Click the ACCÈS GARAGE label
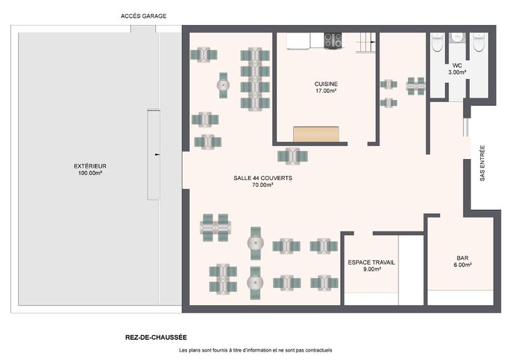tap(143, 16)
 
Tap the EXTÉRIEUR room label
tap(90, 166)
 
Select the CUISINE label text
tap(326, 84)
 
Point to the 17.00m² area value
tap(326, 91)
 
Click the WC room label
tap(457, 66)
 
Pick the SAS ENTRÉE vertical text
tap(482, 163)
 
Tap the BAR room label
tap(462, 258)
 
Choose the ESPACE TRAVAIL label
tap(371, 262)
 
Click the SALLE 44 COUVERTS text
tap(263, 178)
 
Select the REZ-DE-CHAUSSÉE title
tap(156, 338)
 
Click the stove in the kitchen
tap(333, 41)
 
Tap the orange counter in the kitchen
tap(316, 134)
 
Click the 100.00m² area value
tap(90, 173)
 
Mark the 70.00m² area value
tap(263, 186)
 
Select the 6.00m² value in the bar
tap(462, 265)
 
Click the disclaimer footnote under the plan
tap(256, 350)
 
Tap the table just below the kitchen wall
tap(292, 156)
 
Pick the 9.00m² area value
tap(372, 269)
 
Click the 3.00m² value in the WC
tap(457, 73)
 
